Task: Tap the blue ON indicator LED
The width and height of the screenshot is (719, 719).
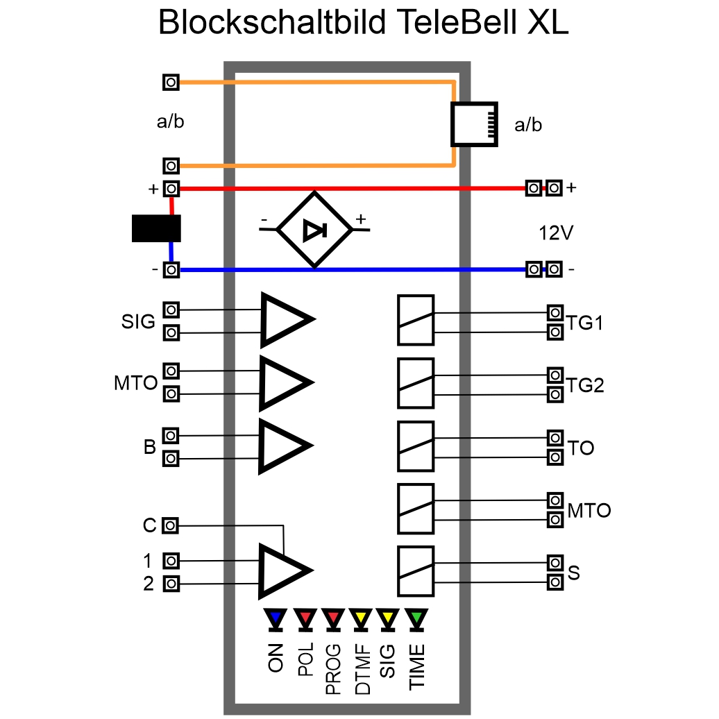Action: (276, 618)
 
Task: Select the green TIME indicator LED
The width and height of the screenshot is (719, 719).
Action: (416, 618)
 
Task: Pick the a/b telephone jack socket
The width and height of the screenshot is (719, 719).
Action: (475, 124)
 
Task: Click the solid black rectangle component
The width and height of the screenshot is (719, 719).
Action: (156, 228)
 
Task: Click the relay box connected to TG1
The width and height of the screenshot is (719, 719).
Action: (415, 320)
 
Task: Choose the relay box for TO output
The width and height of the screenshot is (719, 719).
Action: (415, 446)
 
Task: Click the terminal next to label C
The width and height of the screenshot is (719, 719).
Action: (171, 526)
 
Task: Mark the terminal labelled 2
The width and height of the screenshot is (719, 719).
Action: (171, 584)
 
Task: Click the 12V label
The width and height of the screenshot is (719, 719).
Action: (556, 233)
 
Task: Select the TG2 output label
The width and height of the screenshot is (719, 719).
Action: (584, 385)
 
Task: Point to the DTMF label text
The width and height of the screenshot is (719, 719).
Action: (361, 669)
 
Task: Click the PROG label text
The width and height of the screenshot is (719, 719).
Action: (333, 669)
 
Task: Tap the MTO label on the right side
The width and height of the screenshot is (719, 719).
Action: (589, 511)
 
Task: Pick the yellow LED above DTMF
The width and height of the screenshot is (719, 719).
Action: (360, 618)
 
